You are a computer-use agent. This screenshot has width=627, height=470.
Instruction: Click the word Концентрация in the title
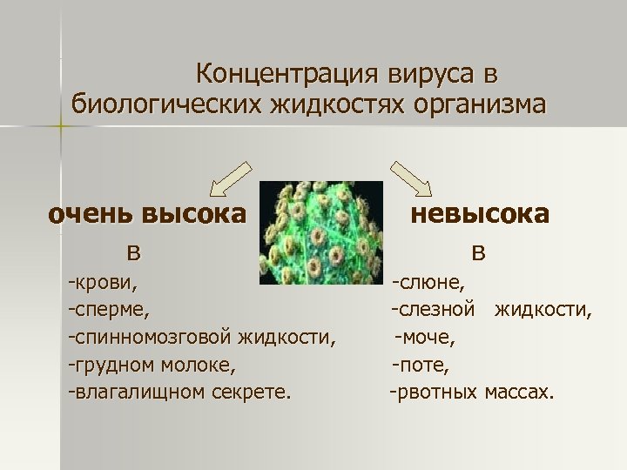click(x=274, y=72)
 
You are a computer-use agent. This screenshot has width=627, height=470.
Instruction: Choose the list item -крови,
click(x=103, y=282)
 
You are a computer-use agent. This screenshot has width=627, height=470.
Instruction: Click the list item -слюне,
click(x=428, y=282)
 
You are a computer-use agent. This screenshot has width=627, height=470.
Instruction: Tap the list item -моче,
click(x=425, y=336)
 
